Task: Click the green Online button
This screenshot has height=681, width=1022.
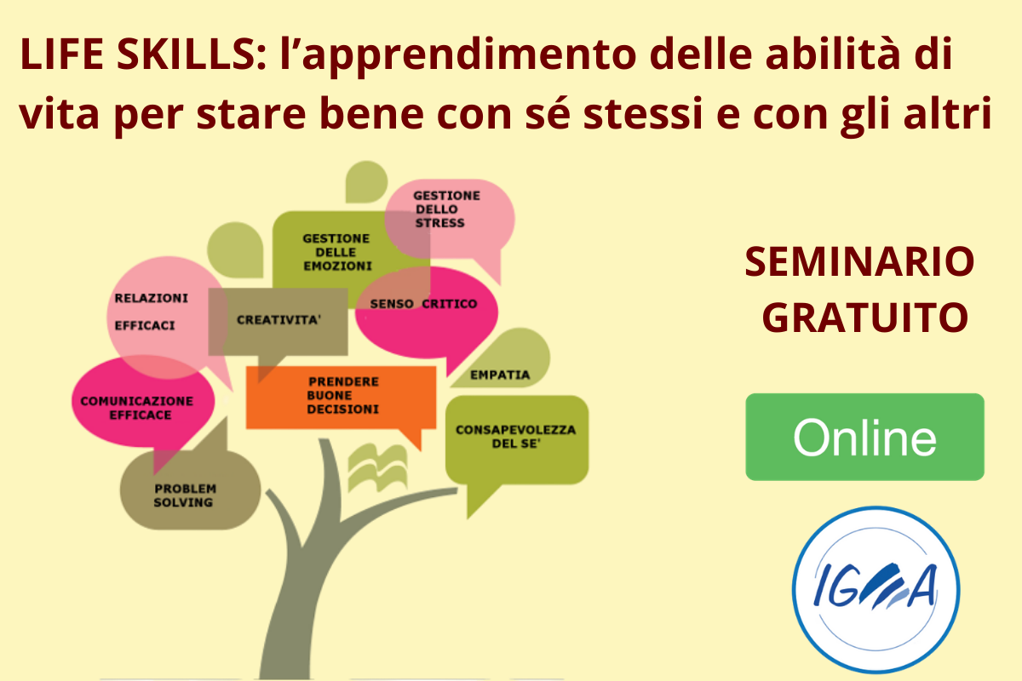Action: click(864, 437)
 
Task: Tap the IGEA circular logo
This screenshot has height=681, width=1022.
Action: click(876, 589)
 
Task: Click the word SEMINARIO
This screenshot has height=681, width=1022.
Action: click(859, 262)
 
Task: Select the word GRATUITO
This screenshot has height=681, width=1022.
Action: click(865, 318)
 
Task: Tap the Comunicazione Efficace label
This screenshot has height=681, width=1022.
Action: click(137, 408)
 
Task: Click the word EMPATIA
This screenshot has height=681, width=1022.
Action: click(500, 375)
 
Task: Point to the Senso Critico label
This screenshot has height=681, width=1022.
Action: click(423, 304)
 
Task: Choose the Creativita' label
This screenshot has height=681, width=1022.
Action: click(278, 320)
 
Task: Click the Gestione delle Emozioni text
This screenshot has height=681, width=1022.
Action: click(337, 252)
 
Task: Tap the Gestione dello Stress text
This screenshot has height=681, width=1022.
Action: click(446, 209)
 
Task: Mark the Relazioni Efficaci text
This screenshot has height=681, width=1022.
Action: click(151, 312)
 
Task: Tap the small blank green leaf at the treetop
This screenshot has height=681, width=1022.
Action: click(365, 182)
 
